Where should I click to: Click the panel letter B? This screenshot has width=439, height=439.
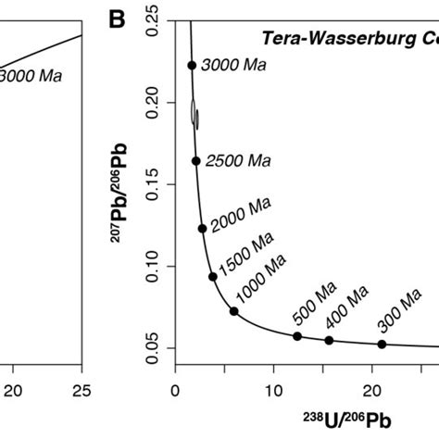pos(118,16)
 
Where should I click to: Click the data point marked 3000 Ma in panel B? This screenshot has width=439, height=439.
pos(192,65)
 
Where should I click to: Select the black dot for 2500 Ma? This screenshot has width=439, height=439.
pos(195,160)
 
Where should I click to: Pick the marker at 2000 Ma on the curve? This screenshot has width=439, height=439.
pos(202,228)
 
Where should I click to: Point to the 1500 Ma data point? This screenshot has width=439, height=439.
pos(212,276)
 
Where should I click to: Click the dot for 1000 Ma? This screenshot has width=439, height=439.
pos(233,311)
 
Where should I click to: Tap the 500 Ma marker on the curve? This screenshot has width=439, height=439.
pos(297,335)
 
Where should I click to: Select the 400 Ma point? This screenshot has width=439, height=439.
pos(329,340)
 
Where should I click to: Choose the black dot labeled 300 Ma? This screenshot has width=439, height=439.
pos(382,345)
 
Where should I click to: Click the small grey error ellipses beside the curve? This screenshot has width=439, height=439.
pos(194,113)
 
